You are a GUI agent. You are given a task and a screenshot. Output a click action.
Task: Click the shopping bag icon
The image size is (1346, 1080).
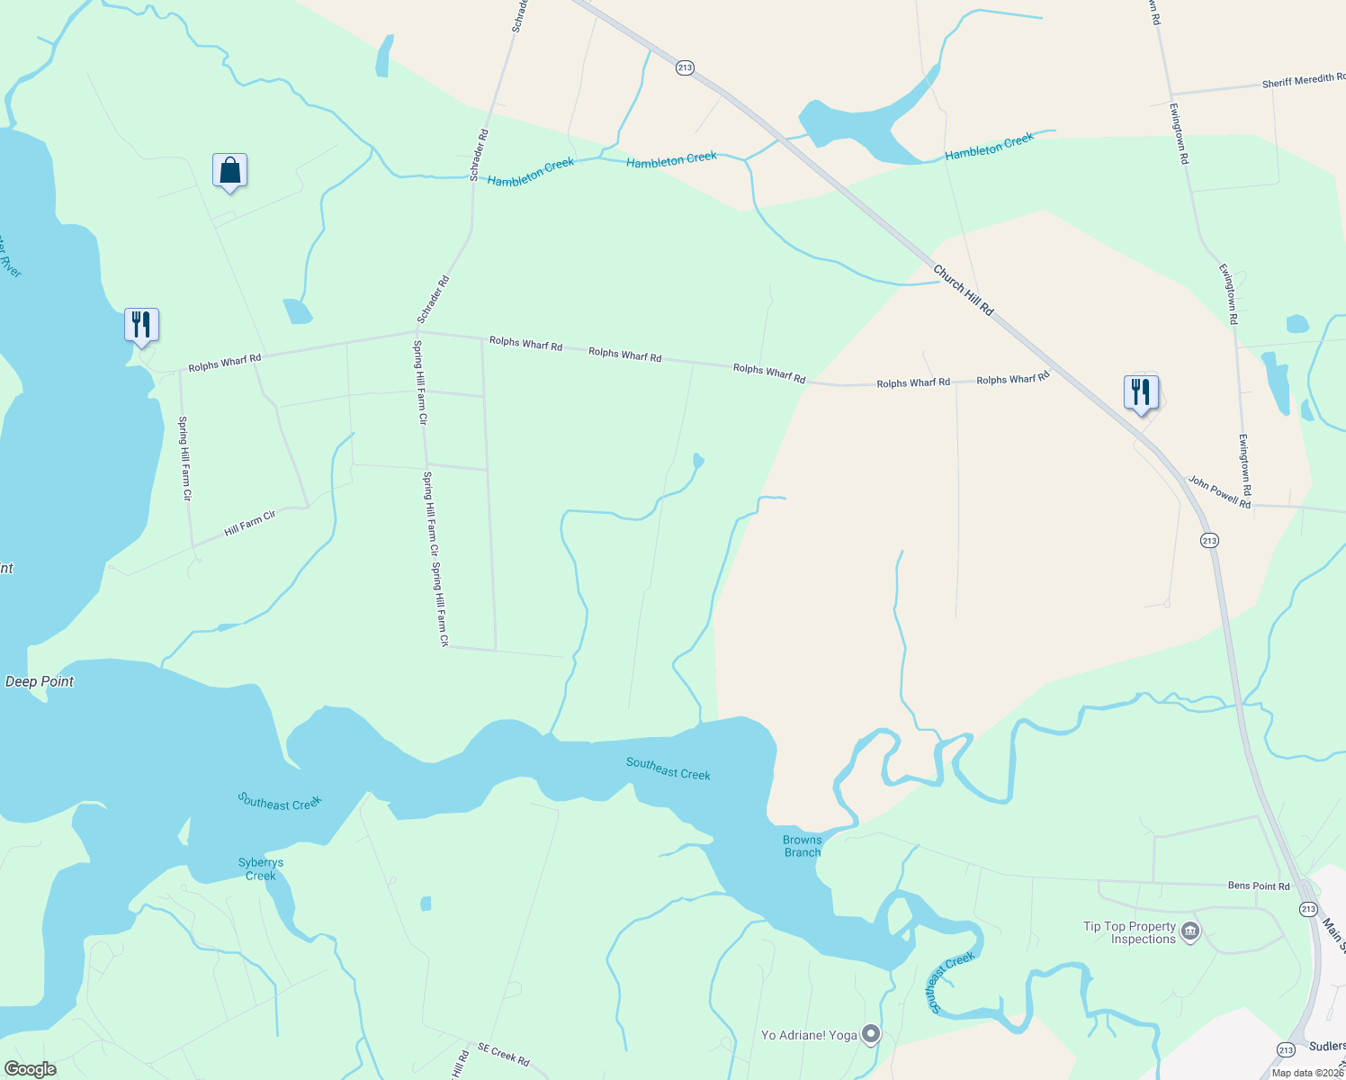click(x=229, y=170)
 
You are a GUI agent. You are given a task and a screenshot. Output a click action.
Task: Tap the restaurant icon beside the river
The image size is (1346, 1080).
click(x=141, y=324)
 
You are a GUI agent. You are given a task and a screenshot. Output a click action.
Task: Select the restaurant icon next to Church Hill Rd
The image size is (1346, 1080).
click(x=1141, y=392)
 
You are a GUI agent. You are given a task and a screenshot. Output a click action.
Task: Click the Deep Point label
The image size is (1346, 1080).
click(x=40, y=681)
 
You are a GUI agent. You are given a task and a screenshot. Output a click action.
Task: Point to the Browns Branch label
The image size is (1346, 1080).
click(x=802, y=846)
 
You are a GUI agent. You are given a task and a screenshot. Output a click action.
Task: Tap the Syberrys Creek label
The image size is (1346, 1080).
click(x=261, y=868)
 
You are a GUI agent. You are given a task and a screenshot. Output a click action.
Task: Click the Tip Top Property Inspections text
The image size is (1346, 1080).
click(x=1130, y=932)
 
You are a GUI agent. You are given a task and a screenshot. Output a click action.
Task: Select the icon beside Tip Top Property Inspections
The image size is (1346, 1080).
click(x=1190, y=931)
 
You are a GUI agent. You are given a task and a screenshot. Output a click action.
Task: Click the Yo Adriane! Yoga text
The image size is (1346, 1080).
click(x=809, y=1035)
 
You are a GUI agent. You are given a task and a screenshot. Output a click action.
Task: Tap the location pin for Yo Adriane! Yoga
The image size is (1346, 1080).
click(x=870, y=1035)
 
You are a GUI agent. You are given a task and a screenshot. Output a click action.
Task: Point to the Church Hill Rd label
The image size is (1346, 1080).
click(x=963, y=290)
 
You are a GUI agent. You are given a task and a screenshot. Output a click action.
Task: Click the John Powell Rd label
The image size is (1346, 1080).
click(x=1219, y=492)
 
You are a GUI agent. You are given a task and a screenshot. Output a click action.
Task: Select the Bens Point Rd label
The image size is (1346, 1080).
click(x=1259, y=886)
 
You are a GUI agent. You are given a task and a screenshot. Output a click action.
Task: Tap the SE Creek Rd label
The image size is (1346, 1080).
click(x=503, y=1053)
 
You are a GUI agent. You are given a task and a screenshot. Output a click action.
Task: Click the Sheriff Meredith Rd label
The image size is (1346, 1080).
click(x=1303, y=81)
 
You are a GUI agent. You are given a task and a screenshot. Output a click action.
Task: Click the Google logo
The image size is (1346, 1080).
click(x=31, y=1069)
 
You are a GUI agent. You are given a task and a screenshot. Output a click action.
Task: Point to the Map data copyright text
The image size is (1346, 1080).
click(x=1307, y=1073)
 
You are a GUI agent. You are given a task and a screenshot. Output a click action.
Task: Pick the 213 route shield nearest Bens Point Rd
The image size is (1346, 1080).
click(x=1308, y=909)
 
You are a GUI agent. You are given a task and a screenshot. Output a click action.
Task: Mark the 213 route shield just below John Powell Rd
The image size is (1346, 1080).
click(x=1209, y=540)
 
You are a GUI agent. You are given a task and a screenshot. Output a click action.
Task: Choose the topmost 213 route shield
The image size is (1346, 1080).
click(x=685, y=67)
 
